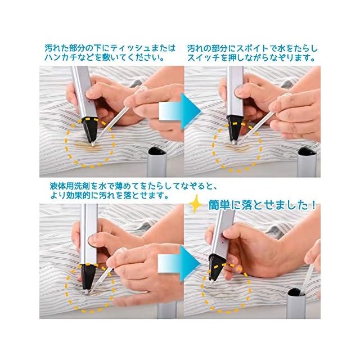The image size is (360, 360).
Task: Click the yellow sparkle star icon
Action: [x=196, y=204]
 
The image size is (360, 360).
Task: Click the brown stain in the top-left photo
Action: [x=88, y=147]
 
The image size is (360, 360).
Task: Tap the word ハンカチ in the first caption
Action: [x=61, y=57]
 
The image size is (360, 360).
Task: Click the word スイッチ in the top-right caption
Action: [x=204, y=58]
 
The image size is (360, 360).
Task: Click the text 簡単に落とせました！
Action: [x=262, y=205]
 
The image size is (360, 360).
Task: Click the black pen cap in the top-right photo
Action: [x=307, y=151]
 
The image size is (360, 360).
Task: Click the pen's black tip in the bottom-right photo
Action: [x=214, y=269]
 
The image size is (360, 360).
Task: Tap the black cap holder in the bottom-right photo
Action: [x=296, y=292]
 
